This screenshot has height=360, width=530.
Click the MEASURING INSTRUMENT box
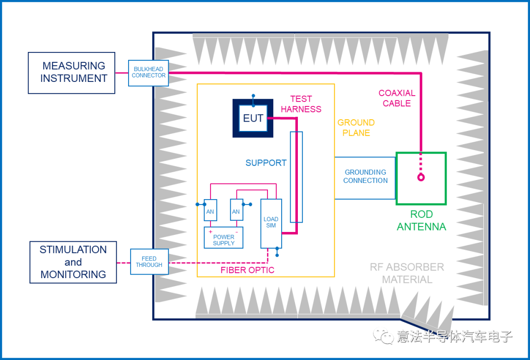coord(72,73)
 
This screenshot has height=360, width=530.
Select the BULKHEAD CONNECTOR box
coord(149,73)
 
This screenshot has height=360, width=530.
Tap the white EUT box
coord(253,118)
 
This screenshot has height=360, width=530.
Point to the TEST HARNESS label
coord(301,104)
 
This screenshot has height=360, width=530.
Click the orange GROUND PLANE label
coord(356,128)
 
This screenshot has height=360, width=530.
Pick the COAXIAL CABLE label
coord(397,98)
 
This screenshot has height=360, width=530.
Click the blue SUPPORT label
coord(266,163)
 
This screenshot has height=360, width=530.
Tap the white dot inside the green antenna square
coord(421,179)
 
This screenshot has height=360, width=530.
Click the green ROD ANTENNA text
coord(421,221)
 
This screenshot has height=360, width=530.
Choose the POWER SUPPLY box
coord(224,238)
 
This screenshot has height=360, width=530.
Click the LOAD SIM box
coord(271,223)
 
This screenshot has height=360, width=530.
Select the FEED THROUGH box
coord(149,261)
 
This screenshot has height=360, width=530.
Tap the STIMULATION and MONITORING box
coord(73,262)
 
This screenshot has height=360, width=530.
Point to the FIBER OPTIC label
coord(247,270)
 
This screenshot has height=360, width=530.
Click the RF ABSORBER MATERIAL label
coord(407,273)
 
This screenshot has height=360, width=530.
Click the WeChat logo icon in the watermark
coord(383,335)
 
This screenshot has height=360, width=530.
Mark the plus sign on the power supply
coord(211,231)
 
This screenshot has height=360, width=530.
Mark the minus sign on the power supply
coord(237,231)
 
